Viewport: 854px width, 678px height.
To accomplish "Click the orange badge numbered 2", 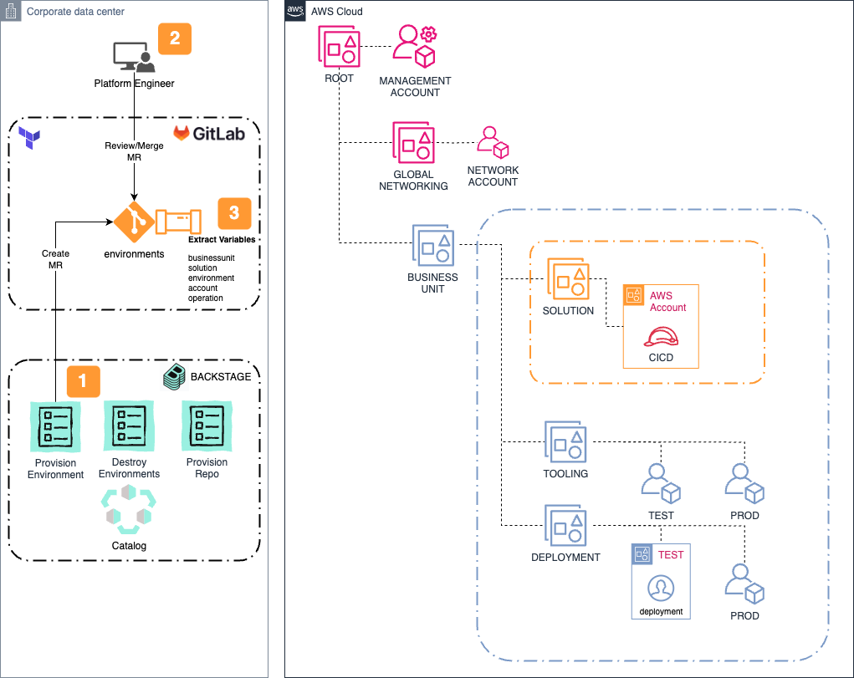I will coord(175,38).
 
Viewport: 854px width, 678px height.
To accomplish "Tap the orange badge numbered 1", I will coord(82,380).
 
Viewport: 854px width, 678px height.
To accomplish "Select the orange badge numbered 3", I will coord(234,213).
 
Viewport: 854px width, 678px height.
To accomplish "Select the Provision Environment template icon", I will coord(55,426).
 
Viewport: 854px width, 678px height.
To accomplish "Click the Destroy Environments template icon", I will coord(129,426).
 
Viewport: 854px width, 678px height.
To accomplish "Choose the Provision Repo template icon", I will coord(207,426).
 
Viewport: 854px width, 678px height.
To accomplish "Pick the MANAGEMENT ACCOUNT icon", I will coord(415,47).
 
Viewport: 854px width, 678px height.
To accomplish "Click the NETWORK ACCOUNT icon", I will coord(493,143).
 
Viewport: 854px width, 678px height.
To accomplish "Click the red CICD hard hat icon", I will coord(661,336).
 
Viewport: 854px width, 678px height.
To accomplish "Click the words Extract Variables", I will coord(222,240).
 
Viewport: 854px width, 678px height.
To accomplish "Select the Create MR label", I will coord(55,259).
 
